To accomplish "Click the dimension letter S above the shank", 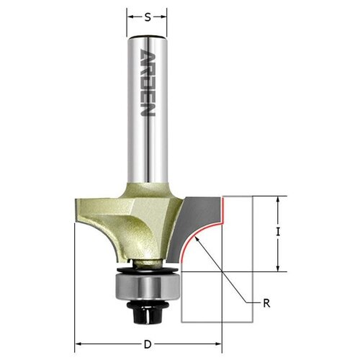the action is [148, 17].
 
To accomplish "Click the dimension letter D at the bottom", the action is [148, 345].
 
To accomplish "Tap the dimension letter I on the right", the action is [278, 232].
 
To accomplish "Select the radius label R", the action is [266, 303].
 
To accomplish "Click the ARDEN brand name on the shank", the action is [148, 83].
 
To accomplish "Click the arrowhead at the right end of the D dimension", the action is [218, 344].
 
